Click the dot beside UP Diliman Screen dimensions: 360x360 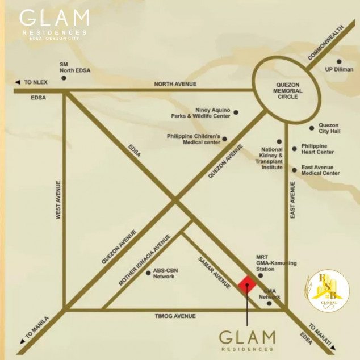click(x=339, y=61)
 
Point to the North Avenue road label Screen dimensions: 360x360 click(x=175, y=84)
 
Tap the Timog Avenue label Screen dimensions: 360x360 click(x=175, y=316)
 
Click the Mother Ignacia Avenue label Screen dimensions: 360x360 click(x=144, y=259)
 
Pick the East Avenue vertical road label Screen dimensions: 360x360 click(x=293, y=200)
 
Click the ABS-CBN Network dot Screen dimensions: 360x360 click(x=148, y=273)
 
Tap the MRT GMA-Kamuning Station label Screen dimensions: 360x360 click(x=269, y=263)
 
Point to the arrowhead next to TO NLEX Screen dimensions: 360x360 click(x=18, y=82)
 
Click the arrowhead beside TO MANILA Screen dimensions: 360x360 click(x=23, y=341)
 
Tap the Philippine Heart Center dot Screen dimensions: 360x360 click(x=294, y=149)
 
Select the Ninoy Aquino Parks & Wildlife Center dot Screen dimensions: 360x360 click(x=236, y=112)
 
